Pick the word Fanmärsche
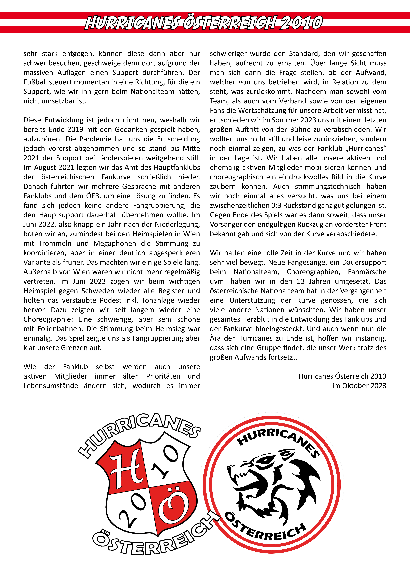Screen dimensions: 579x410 [367, 272]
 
